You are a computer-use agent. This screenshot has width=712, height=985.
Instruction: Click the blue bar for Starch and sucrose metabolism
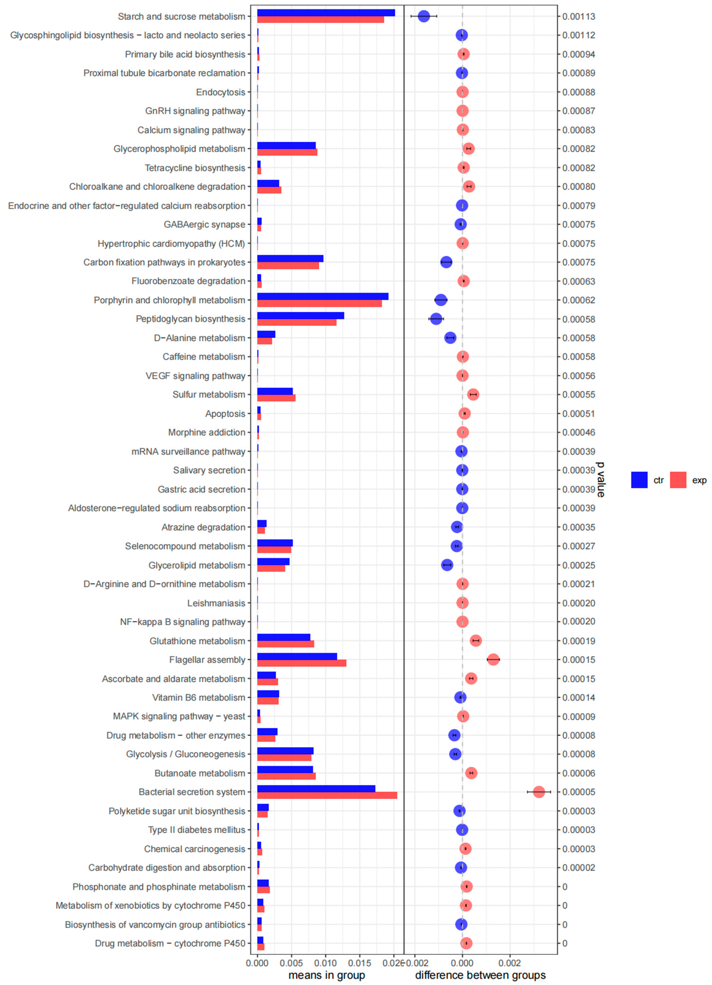326,13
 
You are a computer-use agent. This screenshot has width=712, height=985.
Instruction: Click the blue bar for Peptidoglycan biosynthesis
301,315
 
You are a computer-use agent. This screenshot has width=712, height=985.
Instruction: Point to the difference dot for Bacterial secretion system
539,792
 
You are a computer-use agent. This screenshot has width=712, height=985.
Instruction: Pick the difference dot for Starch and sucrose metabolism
424,16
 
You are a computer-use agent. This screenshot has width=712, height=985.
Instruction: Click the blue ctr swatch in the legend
639,480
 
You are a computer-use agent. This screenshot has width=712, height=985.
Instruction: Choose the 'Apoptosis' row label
225,414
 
